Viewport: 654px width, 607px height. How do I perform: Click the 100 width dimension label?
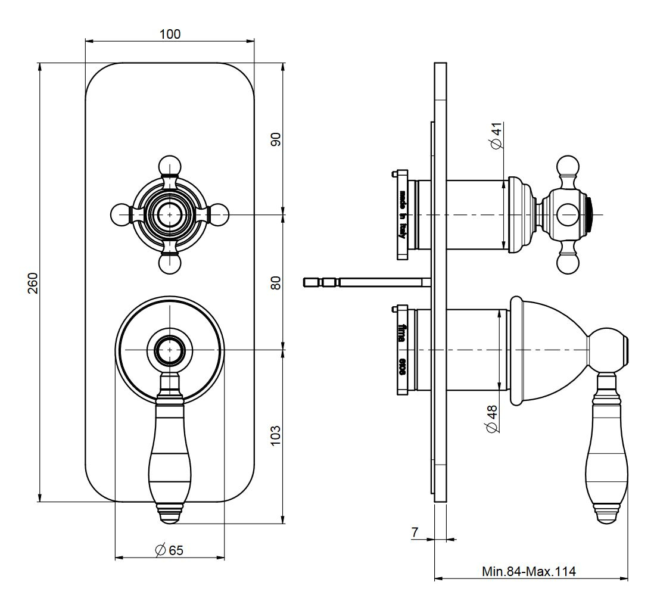170,34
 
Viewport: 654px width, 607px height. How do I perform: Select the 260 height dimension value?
33,282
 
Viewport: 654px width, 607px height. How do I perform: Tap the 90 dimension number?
276,139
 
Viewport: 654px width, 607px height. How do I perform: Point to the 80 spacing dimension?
276,282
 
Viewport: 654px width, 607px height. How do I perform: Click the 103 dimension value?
276,437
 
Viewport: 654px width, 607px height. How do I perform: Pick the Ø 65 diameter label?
169,550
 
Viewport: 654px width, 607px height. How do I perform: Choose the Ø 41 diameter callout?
495,136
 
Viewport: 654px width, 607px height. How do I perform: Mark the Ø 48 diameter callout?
492,419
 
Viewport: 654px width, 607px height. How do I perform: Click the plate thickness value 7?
415,532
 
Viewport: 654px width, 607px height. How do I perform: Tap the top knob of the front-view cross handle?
170,164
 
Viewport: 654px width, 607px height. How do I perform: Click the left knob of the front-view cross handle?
120,214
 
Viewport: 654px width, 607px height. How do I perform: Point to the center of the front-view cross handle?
170,214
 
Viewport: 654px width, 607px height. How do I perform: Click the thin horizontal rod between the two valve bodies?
366,281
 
